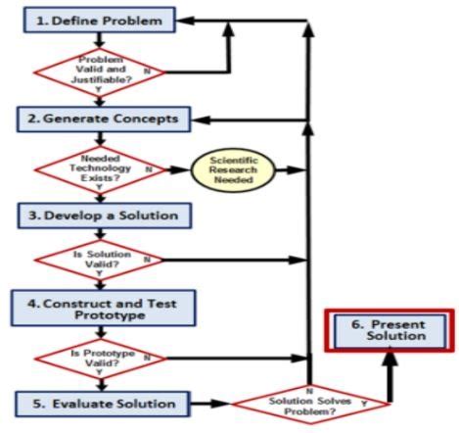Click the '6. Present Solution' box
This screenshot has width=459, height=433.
coord(390,335)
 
